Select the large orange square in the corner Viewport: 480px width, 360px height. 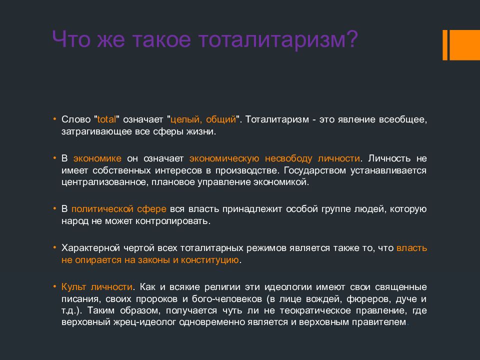point(464,45)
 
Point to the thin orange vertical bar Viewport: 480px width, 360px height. point(445,45)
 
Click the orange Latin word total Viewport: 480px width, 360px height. point(106,119)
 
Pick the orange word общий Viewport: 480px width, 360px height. point(220,119)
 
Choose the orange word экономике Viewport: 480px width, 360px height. point(97,158)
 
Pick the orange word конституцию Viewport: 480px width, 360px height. point(209,260)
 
